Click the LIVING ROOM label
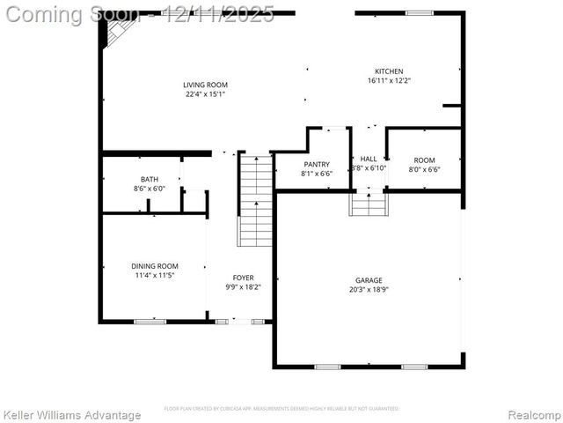click(x=206, y=85)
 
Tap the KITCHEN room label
click(x=389, y=71)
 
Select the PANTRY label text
click(x=317, y=164)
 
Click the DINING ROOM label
click(x=155, y=266)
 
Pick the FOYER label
click(x=244, y=278)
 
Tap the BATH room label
click(x=150, y=179)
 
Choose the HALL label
click(x=369, y=160)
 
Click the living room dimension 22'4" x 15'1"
click(x=206, y=94)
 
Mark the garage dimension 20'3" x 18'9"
click(x=369, y=289)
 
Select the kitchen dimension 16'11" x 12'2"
click(x=389, y=81)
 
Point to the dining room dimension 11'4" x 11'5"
click(x=155, y=275)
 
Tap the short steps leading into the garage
click(x=369, y=204)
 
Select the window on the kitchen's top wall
click(x=420, y=13)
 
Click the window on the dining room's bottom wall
click(x=150, y=322)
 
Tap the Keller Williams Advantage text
click(x=72, y=415)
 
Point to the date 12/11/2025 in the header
click(x=220, y=14)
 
